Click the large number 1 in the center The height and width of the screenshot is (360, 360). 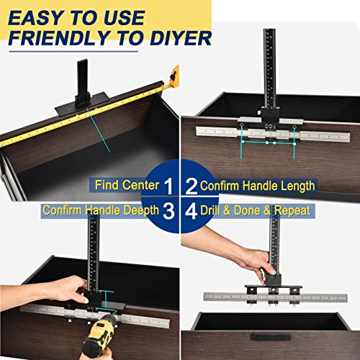click(168, 186)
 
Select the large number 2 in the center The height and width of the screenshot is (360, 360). click(191, 186)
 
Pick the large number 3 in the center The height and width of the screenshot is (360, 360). click(168, 211)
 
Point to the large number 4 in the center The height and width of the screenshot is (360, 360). click(191, 211)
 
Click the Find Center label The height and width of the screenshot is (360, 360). click(127, 186)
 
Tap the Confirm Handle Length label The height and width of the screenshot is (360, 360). click(257, 186)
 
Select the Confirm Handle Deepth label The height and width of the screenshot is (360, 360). click(99, 211)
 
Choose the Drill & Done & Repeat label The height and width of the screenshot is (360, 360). click(255, 211)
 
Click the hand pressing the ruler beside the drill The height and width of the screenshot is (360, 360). click(68, 292)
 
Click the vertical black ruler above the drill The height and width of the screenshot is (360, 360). click(94, 252)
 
